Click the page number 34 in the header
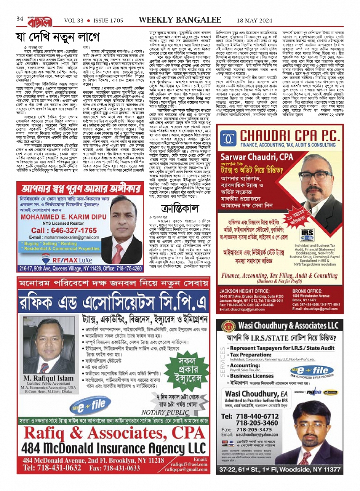point(20,19)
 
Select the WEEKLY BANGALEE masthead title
point(180,20)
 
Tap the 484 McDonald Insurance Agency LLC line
point(114,448)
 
